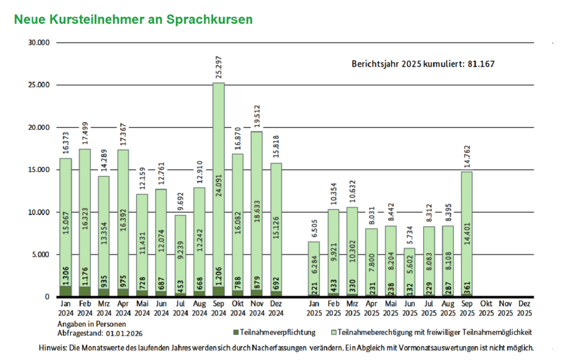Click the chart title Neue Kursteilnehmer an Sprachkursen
(133, 19)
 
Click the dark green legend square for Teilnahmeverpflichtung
(236, 332)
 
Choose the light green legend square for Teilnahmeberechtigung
(333, 332)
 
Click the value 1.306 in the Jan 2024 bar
(66, 277)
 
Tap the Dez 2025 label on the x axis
(524, 308)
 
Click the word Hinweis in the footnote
(53, 348)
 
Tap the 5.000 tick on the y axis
(40, 254)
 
